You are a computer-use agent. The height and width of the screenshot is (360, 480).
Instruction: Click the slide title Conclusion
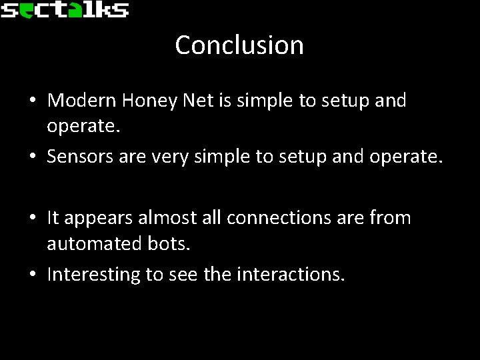coord(239,45)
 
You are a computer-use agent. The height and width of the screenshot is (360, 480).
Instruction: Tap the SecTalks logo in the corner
coord(64,9)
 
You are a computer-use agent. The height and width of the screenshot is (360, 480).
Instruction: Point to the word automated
coord(90,244)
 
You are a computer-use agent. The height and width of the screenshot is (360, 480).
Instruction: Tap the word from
coord(391,217)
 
